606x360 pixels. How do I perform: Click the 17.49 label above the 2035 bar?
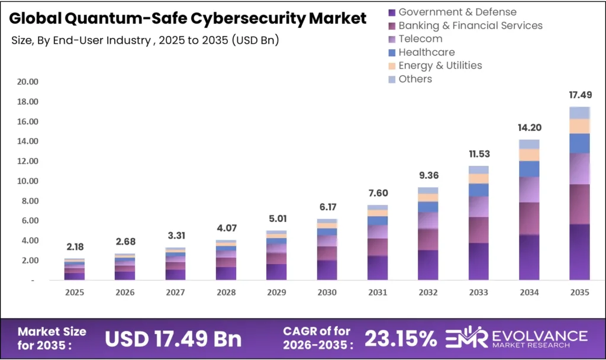click(579, 95)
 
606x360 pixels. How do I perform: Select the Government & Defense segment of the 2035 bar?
click(579, 252)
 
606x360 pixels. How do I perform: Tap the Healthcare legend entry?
click(426, 52)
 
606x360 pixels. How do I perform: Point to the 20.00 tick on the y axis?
click(28, 82)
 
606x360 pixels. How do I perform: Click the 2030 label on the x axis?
click(327, 292)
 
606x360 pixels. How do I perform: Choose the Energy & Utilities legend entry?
click(440, 66)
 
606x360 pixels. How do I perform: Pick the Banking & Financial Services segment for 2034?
click(529, 218)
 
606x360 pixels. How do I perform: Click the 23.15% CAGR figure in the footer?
click(401, 338)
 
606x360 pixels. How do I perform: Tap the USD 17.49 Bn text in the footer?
click(173, 338)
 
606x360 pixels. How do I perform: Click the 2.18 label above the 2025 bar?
click(75, 246)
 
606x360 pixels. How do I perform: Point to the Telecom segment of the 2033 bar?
click(479, 206)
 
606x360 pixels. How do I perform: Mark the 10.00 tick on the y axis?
click(28, 181)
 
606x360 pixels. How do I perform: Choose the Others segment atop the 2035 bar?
click(579, 112)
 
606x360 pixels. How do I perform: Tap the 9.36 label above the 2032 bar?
click(428, 175)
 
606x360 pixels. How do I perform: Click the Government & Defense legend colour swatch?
click(391, 12)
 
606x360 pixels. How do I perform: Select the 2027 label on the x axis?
click(176, 292)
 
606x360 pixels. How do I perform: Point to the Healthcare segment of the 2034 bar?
click(529, 169)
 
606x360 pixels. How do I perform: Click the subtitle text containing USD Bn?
click(145, 40)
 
